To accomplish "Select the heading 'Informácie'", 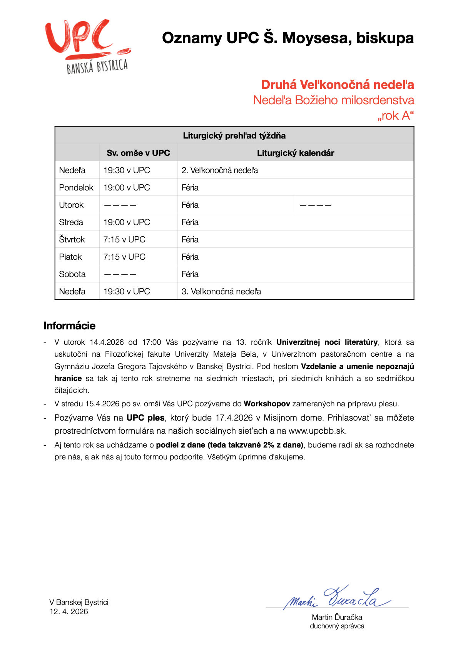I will click(x=69, y=326).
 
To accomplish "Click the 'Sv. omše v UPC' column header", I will click(x=138, y=153).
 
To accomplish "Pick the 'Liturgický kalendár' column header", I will click(x=295, y=153).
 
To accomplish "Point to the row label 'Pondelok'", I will click(x=76, y=187).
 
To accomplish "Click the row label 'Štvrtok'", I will click(x=72, y=239).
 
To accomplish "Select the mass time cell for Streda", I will click(x=127, y=222).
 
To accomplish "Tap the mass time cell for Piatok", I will click(x=124, y=257).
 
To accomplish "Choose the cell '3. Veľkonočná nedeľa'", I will click(x=221, y=291).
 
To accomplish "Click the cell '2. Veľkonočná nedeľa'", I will click(x=220, y=170).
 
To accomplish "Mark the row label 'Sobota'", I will click(x=72, y=274).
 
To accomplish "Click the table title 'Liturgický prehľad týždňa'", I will click(x=234, y=135).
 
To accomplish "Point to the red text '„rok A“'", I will click(x=395, y=115).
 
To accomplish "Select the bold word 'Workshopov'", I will click(x=267, y=404).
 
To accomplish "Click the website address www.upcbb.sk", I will click(x=317, y=431).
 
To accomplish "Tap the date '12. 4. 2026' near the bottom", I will click(x=69, y=611).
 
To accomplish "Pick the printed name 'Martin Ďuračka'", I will click(x=337, y=617).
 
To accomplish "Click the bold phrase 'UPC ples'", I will click(x=145, y=418).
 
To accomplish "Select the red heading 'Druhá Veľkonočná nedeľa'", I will click(x=337, y=85).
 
